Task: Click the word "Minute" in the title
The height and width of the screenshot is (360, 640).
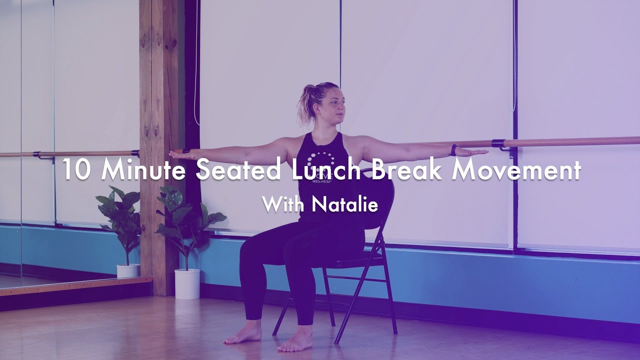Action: [145, 170]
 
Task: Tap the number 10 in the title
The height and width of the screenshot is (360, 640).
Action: [76, 170]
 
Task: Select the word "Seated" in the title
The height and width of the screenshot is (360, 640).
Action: [237, 170]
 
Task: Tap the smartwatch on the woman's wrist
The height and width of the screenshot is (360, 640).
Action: [453, 150]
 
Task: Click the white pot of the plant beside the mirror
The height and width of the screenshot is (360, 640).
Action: [128, 270]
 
